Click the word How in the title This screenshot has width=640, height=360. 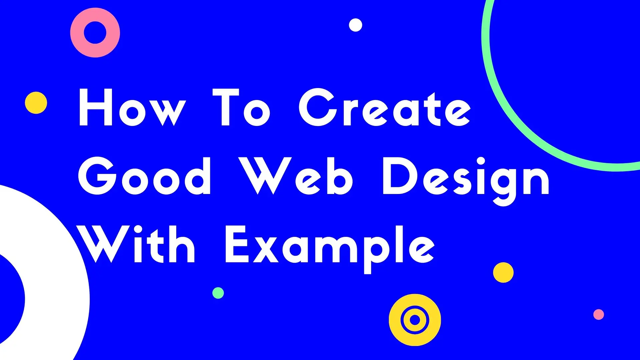132,107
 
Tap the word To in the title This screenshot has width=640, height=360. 241,107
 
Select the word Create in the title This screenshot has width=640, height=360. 384,107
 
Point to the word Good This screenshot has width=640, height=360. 144,176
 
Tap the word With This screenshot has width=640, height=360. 137,244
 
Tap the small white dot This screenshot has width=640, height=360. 355,25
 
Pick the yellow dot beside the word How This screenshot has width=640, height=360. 36,103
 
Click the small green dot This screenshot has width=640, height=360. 218,293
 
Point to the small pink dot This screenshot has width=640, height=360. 599,314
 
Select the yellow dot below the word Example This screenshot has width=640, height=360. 503,272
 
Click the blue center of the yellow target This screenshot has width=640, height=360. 415,320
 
